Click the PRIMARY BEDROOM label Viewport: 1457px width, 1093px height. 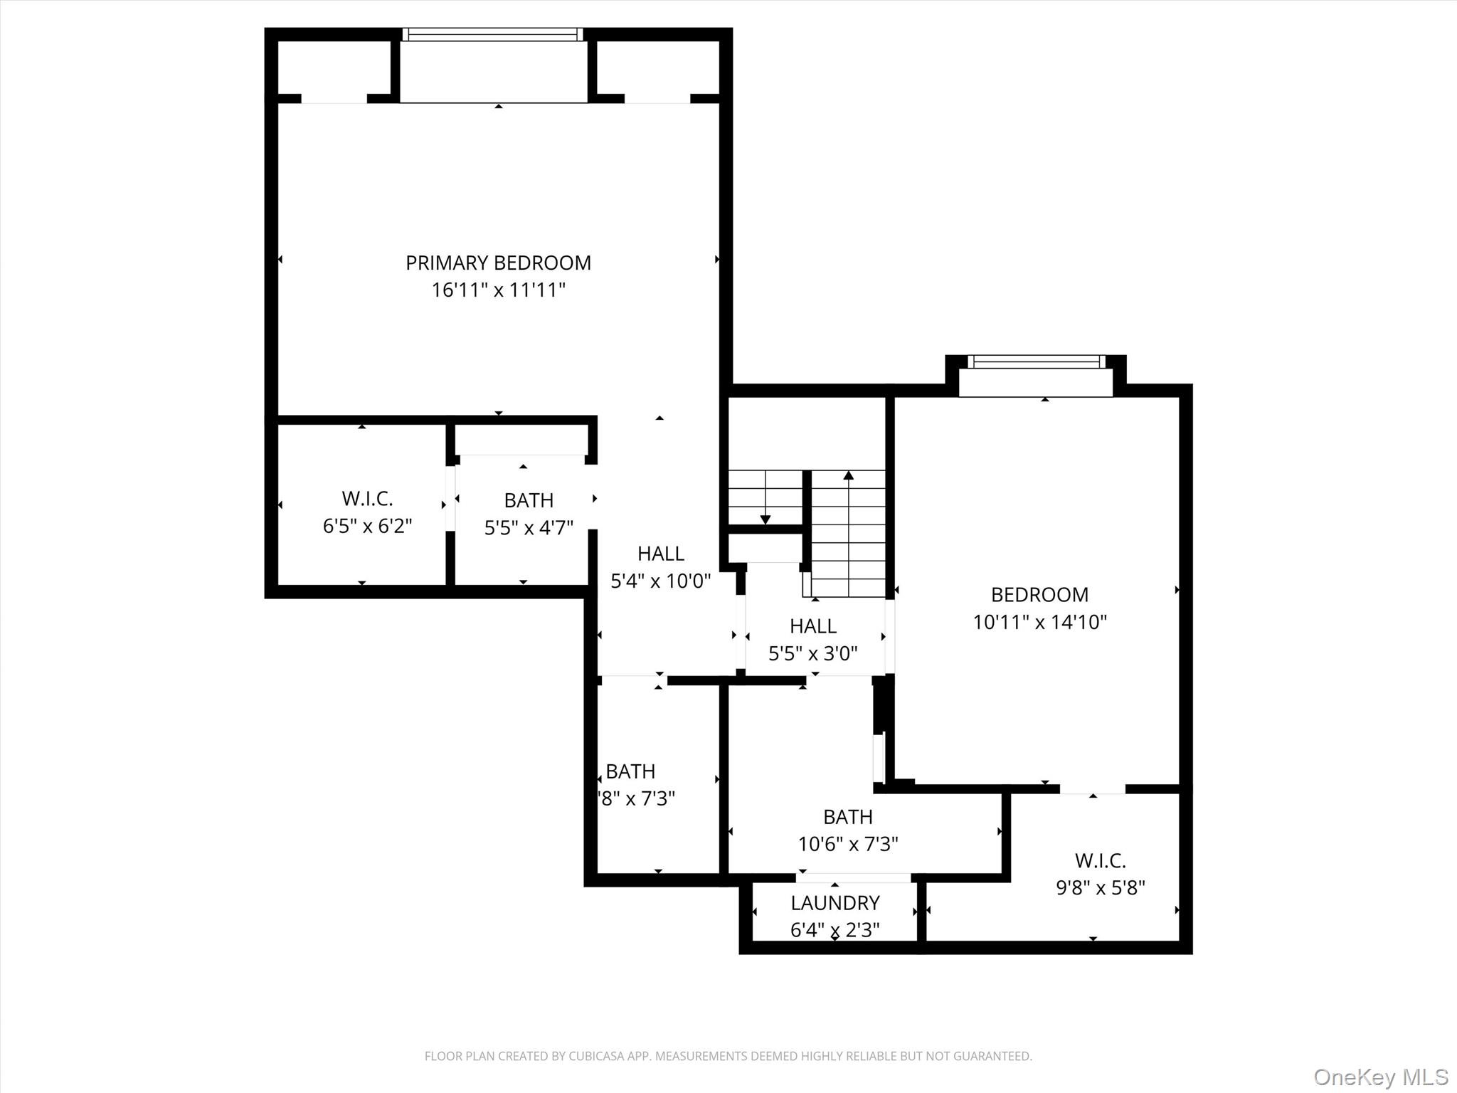pyautogui.click(x=498, y=263)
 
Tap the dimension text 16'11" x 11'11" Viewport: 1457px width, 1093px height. pyautogui.click(x=498, y=290)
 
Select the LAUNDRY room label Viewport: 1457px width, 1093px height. pyautogui.click(x=835, y=903)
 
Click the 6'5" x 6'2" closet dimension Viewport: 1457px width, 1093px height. pyautogui.click(x=367, y=526)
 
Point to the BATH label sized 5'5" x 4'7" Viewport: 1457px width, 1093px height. pyautogui.click(x=529, y=500)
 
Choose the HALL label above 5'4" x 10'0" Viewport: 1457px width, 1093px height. pyautogui.click(x=660, y=554)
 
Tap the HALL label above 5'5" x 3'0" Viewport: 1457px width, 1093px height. pyautogui.click(x=812, y=626)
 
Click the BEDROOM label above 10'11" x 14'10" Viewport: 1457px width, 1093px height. pyautogui.click(x=1039, y=595)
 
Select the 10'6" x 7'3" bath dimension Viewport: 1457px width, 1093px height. pyautogui.click(x=848, y=844)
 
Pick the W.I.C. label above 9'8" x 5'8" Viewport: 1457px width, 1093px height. pyautogui.click(x=1100, y=861)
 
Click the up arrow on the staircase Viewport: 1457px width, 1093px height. pyautogui.click(x=848, y=475)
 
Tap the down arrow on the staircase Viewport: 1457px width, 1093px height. pyautogui.click(x=765, y=519)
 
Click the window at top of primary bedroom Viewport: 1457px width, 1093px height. pyautogui.click(x=492, y=34)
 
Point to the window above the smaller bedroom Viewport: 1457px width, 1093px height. pyautogui.click(x=1036, y=362)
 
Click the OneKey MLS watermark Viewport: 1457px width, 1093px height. pyautogui.click(x=1380, y=1077)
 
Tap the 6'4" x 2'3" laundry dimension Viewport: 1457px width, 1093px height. pyautogui.click(x=835, y=930)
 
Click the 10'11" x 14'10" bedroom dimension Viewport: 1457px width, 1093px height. pyautogui.click(x=1039, y=623)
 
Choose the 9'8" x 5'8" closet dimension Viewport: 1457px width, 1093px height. pyautogui.click(x=1100, y=888)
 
